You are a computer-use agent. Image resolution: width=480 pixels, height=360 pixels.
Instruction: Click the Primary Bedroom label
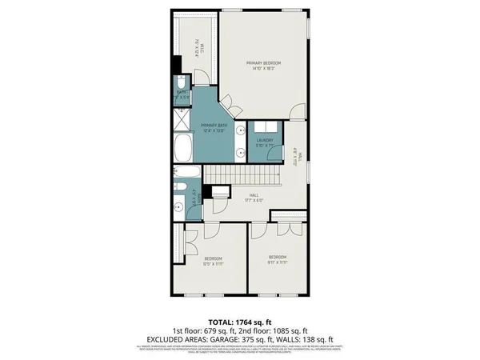[x=265, y=66]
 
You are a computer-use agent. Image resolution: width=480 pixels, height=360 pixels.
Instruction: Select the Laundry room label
[x=265, y=143]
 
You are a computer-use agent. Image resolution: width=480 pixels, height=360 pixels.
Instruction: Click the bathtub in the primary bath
[x=182, y=148]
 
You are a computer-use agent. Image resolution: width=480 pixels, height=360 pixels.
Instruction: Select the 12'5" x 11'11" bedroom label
[x=212, y=262]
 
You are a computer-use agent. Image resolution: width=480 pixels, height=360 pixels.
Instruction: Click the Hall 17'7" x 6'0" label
[x=253, y=198]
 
